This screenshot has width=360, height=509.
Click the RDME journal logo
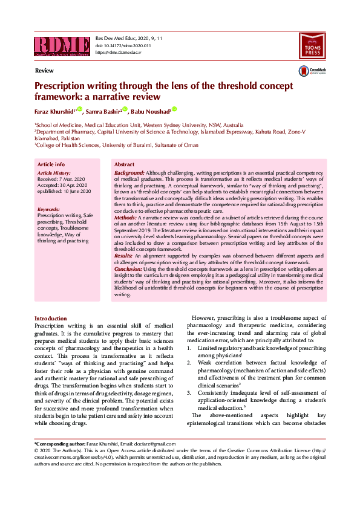(x=61, y=45)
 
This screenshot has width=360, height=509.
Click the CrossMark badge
(x=318, y=71)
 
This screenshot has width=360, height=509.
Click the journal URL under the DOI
(x=118, y=53)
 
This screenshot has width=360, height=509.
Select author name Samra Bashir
(x=102, y=111)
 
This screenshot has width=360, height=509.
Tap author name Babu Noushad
(x=149, y=111)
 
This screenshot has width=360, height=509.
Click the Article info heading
(x=51, y=164)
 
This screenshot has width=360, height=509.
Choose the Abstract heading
(x=124, y=164)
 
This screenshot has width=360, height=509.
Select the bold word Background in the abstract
(x=129, y=173)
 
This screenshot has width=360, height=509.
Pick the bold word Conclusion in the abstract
(x=129, y=268)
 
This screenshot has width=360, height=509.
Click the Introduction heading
(x=51, y=319)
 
